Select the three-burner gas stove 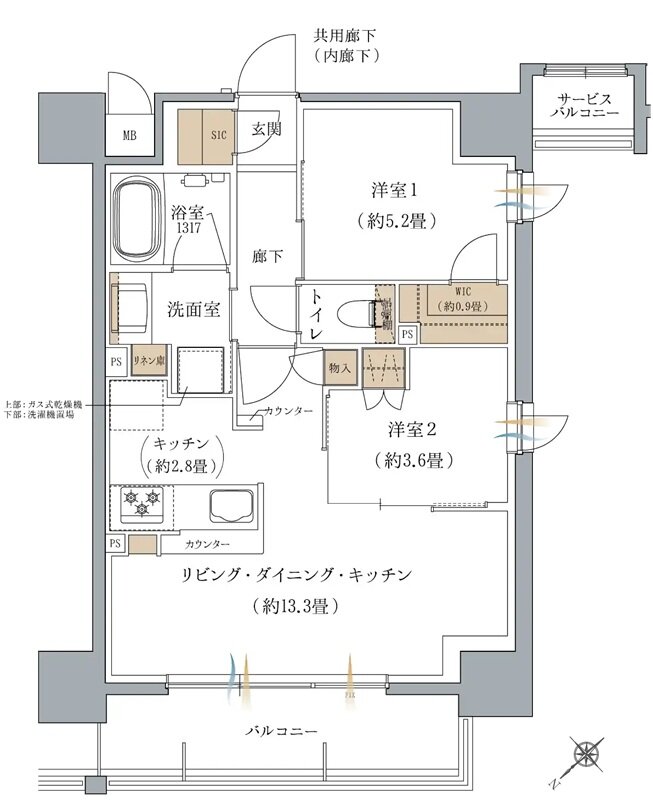(140, 503)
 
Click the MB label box (130, 136)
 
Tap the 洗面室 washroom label (192, 309)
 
